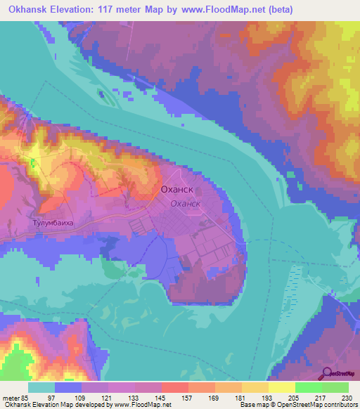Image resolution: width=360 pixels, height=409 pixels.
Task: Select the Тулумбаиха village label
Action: [x=53, y=223]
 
